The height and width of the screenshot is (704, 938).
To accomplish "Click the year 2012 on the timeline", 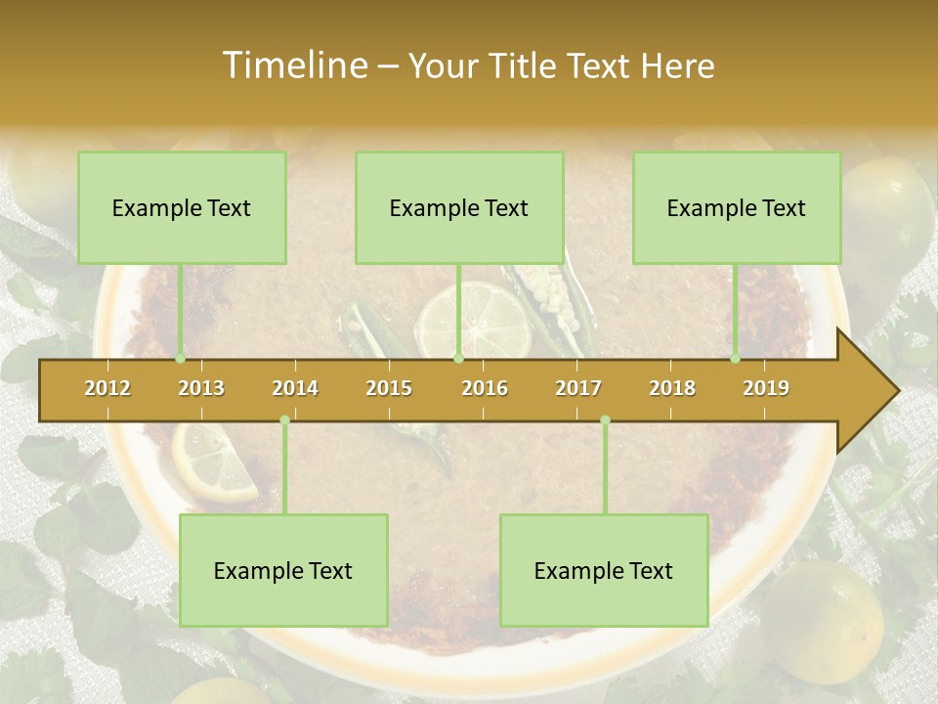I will tap(107, 388).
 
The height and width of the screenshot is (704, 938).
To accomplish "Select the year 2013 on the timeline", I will tap(201, 388).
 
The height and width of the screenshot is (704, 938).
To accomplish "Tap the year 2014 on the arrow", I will tap(295, 388).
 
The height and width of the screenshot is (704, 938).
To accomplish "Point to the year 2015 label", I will tap(389, 388).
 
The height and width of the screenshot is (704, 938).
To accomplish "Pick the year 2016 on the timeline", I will tap(485, 388).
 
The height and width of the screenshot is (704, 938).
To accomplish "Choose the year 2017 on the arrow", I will tap(578, 388).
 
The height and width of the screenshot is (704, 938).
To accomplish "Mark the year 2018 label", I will tap(672, 388).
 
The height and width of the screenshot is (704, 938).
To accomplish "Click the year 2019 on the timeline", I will tap(766, 388).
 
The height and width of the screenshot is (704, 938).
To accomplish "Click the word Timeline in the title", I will tap(293, 66).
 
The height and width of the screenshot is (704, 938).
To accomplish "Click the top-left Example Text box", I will tap(182, 207).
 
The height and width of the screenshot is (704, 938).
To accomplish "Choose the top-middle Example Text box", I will tap(459, 207).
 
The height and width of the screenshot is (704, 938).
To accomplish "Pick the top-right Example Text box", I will tap(737, 207).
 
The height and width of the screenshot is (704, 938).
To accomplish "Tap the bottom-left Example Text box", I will tap(283, 570).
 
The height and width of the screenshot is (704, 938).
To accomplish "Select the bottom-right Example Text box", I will tap(604, 570).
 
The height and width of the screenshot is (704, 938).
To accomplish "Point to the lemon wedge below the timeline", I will tap(211, 462).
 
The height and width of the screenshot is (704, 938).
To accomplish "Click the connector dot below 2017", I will tap(605, 420).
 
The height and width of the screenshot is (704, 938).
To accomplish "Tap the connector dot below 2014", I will tap(284, 420).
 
